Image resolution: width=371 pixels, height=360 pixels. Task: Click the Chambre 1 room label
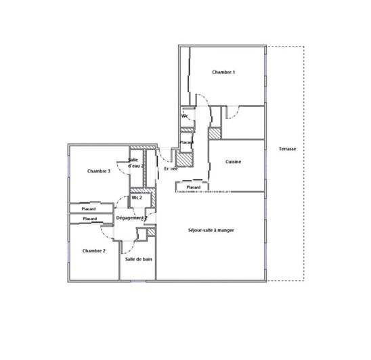tap(223, 72)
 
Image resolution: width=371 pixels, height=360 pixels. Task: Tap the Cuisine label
tap(234, 162)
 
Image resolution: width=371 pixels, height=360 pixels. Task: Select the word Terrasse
tap(287, 149)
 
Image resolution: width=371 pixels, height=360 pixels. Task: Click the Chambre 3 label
tap(99, 171)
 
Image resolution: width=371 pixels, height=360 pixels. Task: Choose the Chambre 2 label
tap(94, 250)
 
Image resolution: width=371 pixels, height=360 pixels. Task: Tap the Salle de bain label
tap(137, 259)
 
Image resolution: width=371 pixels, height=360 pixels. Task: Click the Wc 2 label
tap(136, 198)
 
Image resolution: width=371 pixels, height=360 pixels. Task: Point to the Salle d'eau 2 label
tap(136, 162)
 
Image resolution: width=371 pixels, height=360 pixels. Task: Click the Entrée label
tap(171, 168)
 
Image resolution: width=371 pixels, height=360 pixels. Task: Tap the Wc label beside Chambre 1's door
tap(184, 116)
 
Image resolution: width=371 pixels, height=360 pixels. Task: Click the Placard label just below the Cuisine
tap(193, 187)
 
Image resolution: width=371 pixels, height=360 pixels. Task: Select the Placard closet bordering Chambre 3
tap(89, 208)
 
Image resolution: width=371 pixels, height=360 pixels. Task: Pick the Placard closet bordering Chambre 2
tap(89, 219)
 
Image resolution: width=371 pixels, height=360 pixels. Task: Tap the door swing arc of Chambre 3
tap(121, 166)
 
